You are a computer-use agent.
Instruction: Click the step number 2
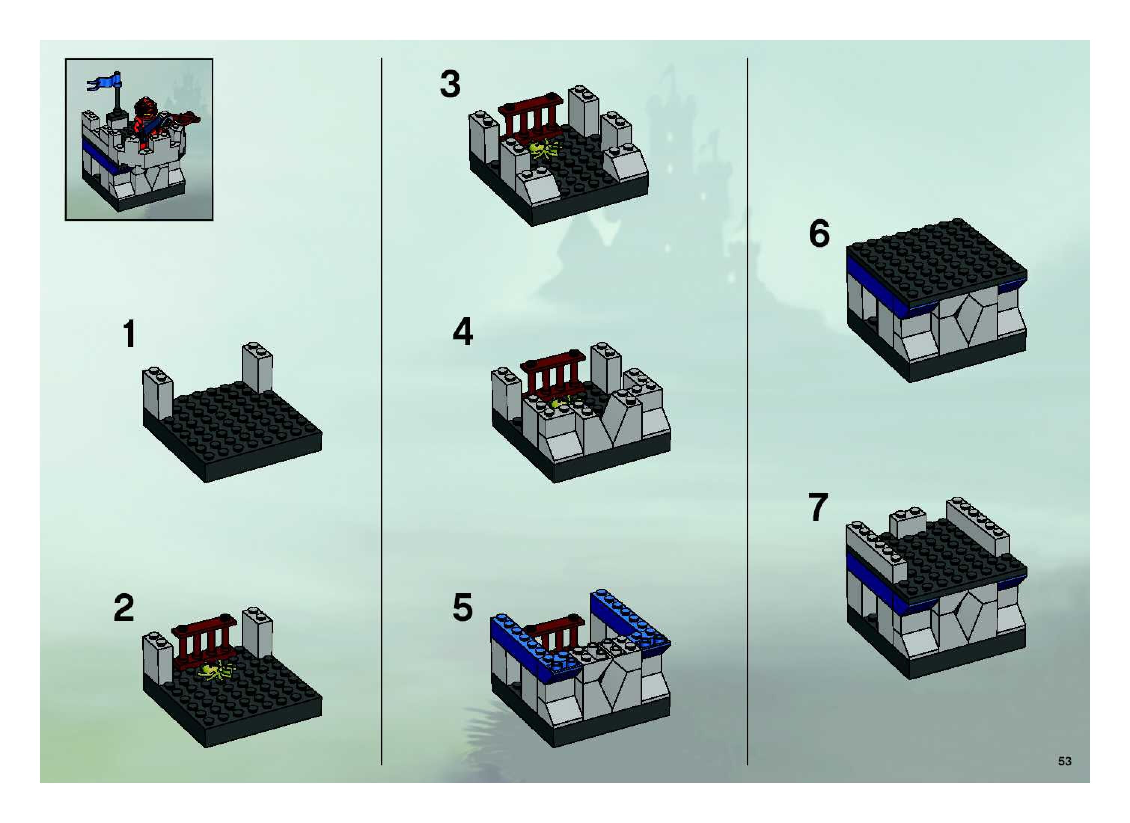(124, 608)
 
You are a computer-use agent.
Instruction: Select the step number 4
(462, 332)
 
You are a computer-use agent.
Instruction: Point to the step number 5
(462, 608)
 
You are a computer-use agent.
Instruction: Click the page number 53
(1065, 761)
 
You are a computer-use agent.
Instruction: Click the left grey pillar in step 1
(158, 393)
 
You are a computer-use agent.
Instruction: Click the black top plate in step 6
(937, 262)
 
